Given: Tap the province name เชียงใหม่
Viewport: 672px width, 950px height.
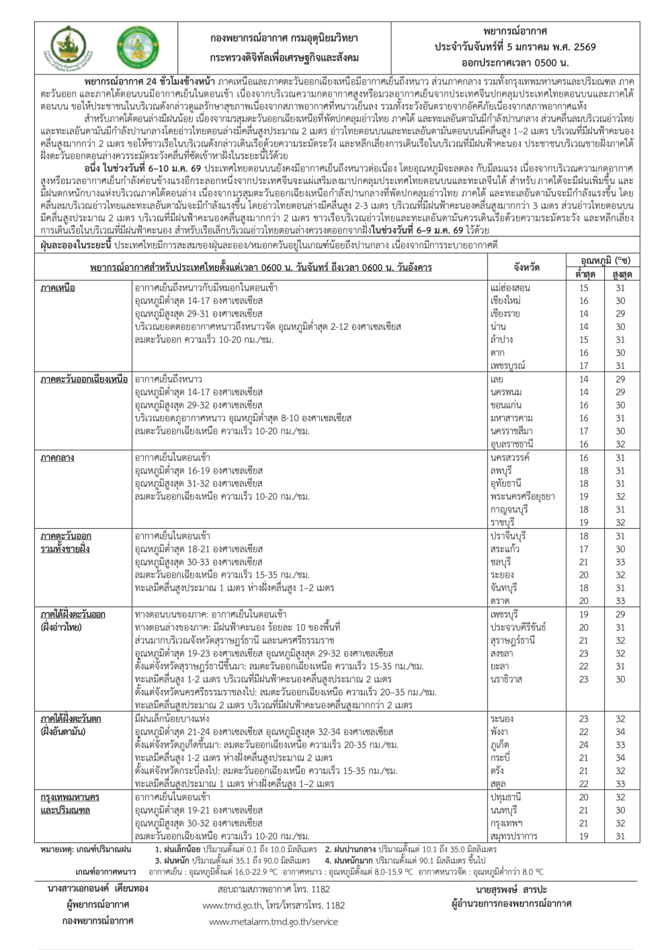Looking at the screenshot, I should coord(505,301).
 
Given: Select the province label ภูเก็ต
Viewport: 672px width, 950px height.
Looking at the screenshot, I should coord(501,745).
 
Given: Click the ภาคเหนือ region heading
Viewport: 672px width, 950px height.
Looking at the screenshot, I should coord(58,288).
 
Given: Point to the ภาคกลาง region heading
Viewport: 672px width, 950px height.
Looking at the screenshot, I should coord(57,458).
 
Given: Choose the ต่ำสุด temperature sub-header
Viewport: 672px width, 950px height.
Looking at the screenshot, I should coord(585,275).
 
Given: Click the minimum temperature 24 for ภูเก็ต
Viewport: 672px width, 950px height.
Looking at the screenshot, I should coord(584,745).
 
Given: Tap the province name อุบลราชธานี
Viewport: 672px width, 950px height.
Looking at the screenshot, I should coord(512,445).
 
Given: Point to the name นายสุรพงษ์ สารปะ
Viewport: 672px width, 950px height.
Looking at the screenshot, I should coord(510,890).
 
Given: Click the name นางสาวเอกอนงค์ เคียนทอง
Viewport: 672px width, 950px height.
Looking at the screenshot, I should coord(98,889).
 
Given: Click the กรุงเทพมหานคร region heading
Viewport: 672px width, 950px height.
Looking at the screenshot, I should coord(70,797).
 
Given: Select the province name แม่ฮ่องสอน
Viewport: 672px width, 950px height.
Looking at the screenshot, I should coord(511,288).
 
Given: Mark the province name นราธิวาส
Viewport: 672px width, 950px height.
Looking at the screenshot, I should coord(506,679).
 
